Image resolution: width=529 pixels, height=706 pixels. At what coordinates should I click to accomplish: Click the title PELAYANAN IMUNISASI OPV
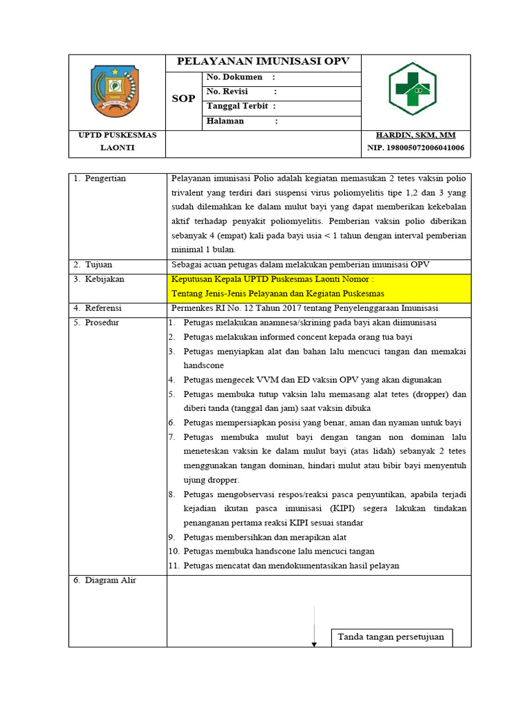[263, 61]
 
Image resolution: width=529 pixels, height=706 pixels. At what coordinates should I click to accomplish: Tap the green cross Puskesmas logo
[412, 89]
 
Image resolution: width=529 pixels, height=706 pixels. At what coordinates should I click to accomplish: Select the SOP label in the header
[183, 99]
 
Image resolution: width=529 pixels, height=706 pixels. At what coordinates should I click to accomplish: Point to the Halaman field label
[225, 121]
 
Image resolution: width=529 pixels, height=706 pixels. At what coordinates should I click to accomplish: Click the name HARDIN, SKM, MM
[415, 135]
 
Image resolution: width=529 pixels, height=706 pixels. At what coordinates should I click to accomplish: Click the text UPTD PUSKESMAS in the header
[117, 135]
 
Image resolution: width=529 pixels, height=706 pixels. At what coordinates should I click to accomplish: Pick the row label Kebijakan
[104, 280]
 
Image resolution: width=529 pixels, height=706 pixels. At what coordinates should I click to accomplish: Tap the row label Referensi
[105, 308]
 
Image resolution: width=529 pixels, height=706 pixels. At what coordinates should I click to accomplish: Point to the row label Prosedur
[103, 323]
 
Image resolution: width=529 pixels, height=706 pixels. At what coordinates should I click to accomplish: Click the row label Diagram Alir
[110, 581]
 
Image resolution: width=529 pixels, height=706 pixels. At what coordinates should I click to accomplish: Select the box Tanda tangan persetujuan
[391, 637]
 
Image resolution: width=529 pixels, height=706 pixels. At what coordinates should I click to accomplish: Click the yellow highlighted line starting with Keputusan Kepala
[273, 279]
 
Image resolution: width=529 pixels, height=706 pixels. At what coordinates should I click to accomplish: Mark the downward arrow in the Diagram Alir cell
[314, 627]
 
